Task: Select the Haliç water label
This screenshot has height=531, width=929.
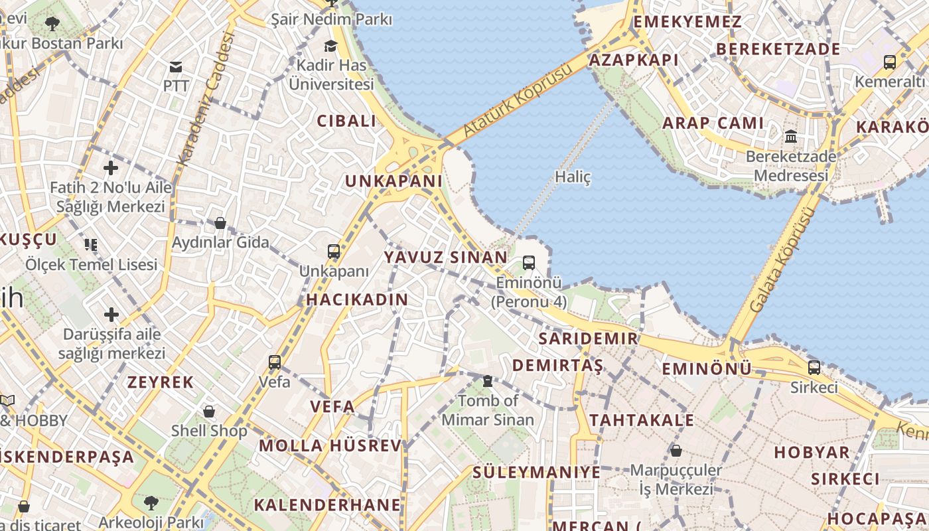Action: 572,177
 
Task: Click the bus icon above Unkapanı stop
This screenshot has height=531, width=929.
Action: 334,252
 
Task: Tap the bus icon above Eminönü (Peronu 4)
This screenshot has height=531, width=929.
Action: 529,263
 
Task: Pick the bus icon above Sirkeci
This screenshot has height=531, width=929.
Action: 814,367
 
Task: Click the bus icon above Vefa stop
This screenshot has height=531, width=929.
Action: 275,362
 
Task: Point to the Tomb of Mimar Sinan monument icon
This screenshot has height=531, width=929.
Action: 488,381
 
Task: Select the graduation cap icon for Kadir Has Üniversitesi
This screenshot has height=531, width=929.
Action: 330,46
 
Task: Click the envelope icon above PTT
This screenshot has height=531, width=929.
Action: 176,66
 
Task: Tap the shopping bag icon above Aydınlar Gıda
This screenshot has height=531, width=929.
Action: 220,223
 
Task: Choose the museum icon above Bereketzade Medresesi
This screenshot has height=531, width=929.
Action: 790,137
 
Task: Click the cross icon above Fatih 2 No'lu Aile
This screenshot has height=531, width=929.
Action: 110,168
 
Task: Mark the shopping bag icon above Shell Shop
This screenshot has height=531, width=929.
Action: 209,412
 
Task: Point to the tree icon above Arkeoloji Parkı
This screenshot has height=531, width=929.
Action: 151,502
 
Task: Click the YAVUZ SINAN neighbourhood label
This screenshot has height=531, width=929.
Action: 445,257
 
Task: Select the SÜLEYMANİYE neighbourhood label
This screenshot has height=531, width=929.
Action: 536,473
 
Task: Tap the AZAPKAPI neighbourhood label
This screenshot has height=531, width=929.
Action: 634,60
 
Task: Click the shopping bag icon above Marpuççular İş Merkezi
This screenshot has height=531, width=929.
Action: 676,451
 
